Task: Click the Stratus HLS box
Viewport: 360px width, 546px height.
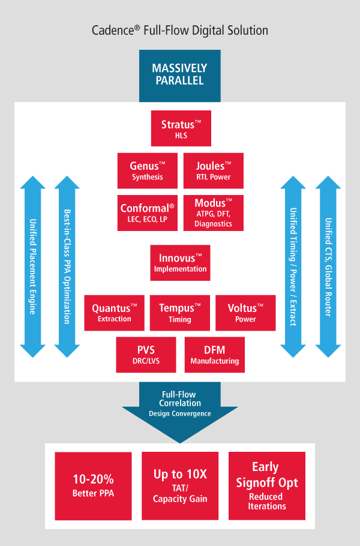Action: tap(181, 128)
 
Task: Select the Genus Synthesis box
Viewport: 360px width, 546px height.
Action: tap(147, 170)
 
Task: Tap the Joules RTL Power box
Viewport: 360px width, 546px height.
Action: tap(213, 170)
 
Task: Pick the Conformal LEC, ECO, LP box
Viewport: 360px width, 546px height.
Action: tap(147, 212)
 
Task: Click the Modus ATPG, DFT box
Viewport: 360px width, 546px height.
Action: tap(213, 212)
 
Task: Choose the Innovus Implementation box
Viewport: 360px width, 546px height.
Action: tap(180, 262)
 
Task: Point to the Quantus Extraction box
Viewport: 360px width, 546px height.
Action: tap(114, 313)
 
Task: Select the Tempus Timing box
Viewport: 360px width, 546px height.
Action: tap(180, 313)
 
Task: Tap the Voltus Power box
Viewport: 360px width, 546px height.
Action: tap(245, 313)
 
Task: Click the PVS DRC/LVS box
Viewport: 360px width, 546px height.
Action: tap(146, 355)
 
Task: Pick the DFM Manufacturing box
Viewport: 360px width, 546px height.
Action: tap(214, 355)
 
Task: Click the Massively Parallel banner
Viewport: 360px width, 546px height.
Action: tap(179, 74)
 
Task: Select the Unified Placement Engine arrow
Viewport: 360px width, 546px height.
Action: tap(33, 266)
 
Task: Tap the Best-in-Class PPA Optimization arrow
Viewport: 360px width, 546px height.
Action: tap(67, 266)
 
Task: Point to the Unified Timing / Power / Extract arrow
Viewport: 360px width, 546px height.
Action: tap(293, 266)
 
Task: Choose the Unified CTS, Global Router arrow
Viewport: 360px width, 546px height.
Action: tap(328, 266)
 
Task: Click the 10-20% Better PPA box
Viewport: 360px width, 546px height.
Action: tap(93, 485)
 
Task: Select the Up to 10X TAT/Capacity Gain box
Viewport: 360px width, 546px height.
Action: tap(180, 485)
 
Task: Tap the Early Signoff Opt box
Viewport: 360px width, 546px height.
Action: tap(267, 485)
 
